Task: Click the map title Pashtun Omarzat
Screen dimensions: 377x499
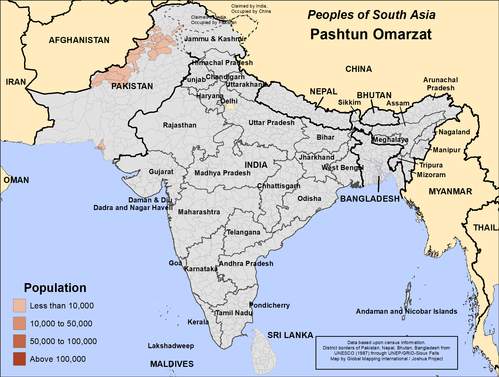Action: point(371,34)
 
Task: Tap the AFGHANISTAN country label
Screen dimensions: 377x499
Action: point(79,40)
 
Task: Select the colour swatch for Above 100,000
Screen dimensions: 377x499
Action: point(19,359)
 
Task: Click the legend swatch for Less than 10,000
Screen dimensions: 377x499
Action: point(19,305)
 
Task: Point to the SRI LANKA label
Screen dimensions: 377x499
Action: point(290,335)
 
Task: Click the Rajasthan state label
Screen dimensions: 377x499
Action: point(179,125)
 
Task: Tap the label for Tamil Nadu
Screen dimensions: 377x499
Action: point(234,313)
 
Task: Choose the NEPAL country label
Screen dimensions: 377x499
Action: point(323,91)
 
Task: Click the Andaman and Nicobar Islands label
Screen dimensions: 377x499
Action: point(406,311)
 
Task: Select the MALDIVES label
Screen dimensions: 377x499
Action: point(172,364)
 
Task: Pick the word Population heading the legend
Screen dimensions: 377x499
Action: point(55,288)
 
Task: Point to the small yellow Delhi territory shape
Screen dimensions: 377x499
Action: point(230,107)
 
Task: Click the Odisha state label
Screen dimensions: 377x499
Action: point(309,198)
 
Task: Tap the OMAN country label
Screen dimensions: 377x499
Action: point(16,180)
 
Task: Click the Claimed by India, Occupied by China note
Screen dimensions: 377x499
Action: point(251,9)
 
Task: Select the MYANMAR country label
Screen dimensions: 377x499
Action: point(450,191)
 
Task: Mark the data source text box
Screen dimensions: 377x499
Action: point(386,352)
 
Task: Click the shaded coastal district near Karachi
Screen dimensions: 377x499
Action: point(101,146)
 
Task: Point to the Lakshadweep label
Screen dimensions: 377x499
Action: point(171,346)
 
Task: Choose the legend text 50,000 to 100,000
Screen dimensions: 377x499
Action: point(63,341)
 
